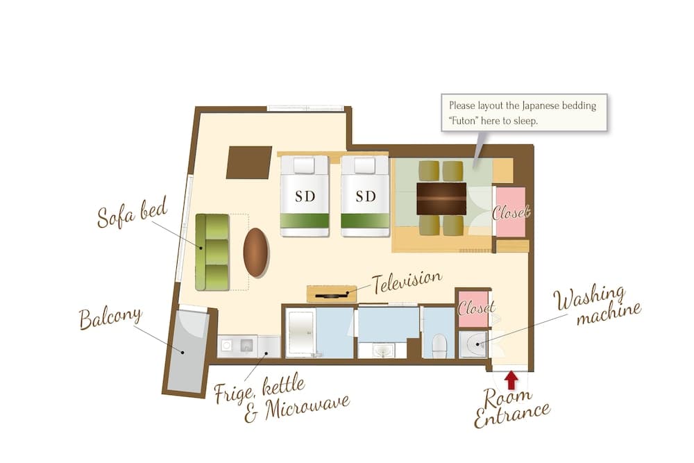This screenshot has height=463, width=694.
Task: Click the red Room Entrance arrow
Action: click(x=511, y=380)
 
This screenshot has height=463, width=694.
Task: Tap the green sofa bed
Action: click(x=212, y=252)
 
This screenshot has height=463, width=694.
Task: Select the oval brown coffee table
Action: click(x=256, y=253)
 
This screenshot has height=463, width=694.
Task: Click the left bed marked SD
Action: click(x=305, y=196)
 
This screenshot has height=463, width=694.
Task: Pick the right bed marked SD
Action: click(x=365, y=196)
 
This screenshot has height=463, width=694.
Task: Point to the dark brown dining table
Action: click(x=441, y=199)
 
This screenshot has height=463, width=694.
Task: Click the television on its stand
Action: click(x=332, y=294)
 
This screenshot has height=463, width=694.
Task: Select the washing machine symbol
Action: click(x=473, y=344)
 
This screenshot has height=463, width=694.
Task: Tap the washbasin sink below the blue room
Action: click(x=382, y=351)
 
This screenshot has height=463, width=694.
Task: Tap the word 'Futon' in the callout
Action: click(x=462, y=120)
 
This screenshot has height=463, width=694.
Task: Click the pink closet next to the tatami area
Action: click(x=510, y=212)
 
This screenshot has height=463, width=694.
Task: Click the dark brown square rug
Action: click(x=249, y=162)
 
